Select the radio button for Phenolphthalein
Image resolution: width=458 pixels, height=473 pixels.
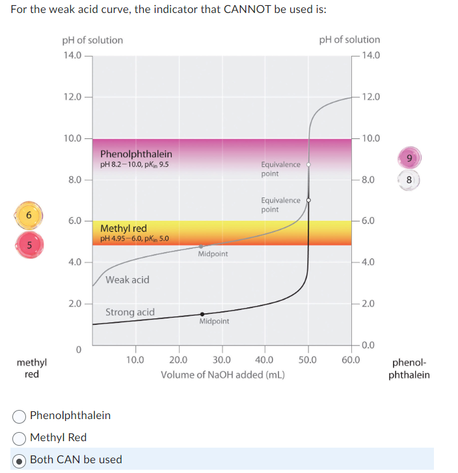coord(20,415)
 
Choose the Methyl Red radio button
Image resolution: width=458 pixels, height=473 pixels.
coord(20,437)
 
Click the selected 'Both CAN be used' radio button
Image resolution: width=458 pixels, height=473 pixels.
coord(20,459)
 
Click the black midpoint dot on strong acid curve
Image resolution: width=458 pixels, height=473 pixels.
coord(202,314)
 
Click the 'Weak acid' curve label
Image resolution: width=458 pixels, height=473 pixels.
coord(127,280)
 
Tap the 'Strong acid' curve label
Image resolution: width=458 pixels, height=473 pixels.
coord(130,313)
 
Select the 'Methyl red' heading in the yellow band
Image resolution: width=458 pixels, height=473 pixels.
coord(124,228)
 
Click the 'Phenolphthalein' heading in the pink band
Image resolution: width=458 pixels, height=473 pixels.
coord(136,154)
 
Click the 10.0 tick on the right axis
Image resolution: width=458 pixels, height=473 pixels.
coord(370,138)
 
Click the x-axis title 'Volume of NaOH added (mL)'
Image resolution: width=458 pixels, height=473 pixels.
coord(222,375)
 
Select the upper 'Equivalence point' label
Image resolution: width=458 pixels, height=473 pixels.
coord(280,169)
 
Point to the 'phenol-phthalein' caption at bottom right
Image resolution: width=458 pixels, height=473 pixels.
coord(409,369)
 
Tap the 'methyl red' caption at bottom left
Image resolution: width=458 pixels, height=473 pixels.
coord(31,368)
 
